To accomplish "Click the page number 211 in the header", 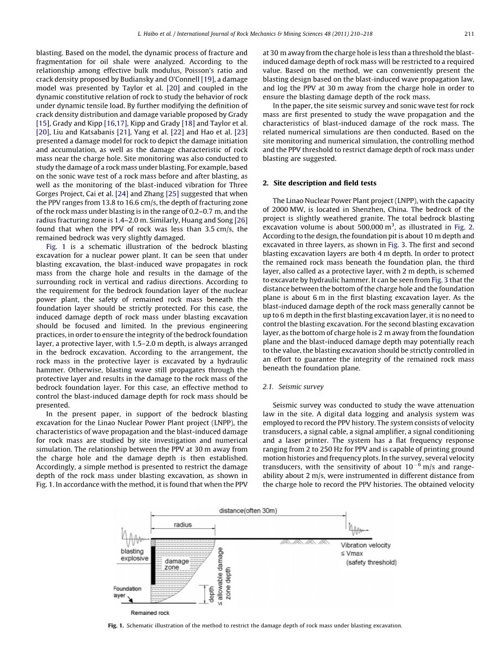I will click(x=470, y=34).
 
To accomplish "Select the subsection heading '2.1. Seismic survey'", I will click(x=293, y=387).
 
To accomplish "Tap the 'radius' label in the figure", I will click(x=183, y=525).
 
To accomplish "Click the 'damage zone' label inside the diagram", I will click(x=177, y=565).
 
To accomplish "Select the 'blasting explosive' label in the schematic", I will click(x=134, y=555).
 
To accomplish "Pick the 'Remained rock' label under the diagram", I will click(x=150, y=613).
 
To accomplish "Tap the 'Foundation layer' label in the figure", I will click(x=127, y=592).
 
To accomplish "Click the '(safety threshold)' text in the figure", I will click(x=371, y=562).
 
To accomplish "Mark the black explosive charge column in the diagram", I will click(x=153, y=565).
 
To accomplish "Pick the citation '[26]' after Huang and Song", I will click(x=239, y=220).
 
